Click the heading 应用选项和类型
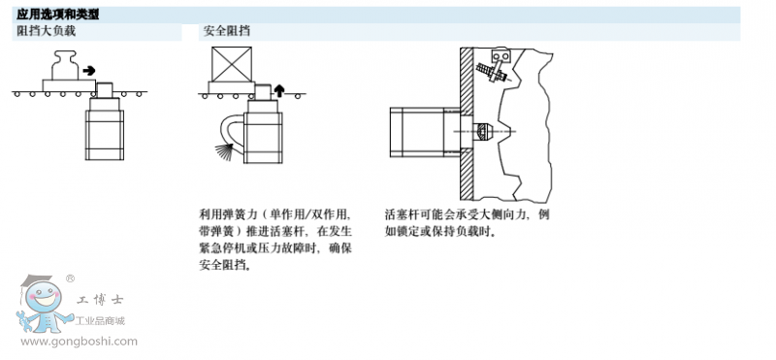(58, 15)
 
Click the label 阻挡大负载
(47, 31)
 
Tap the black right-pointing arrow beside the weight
(89, 70)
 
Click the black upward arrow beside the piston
(279, 90)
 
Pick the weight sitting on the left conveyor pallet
(66, 65)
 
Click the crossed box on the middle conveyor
(232, 64)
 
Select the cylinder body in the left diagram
(105, 135)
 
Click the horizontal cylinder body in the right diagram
(416, 132)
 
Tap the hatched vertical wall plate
(467, 124)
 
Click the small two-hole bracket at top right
(501, 56)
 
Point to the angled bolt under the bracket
(492, 73)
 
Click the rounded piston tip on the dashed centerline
(483, 131)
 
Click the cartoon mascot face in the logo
(43, 298)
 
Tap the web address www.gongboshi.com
(80, 342)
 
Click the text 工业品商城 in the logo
(100, 321)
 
